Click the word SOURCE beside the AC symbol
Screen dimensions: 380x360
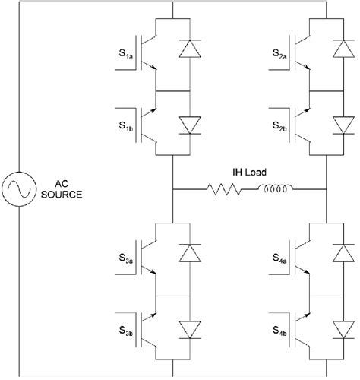point(64,195)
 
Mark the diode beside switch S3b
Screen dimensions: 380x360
point(186,329)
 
